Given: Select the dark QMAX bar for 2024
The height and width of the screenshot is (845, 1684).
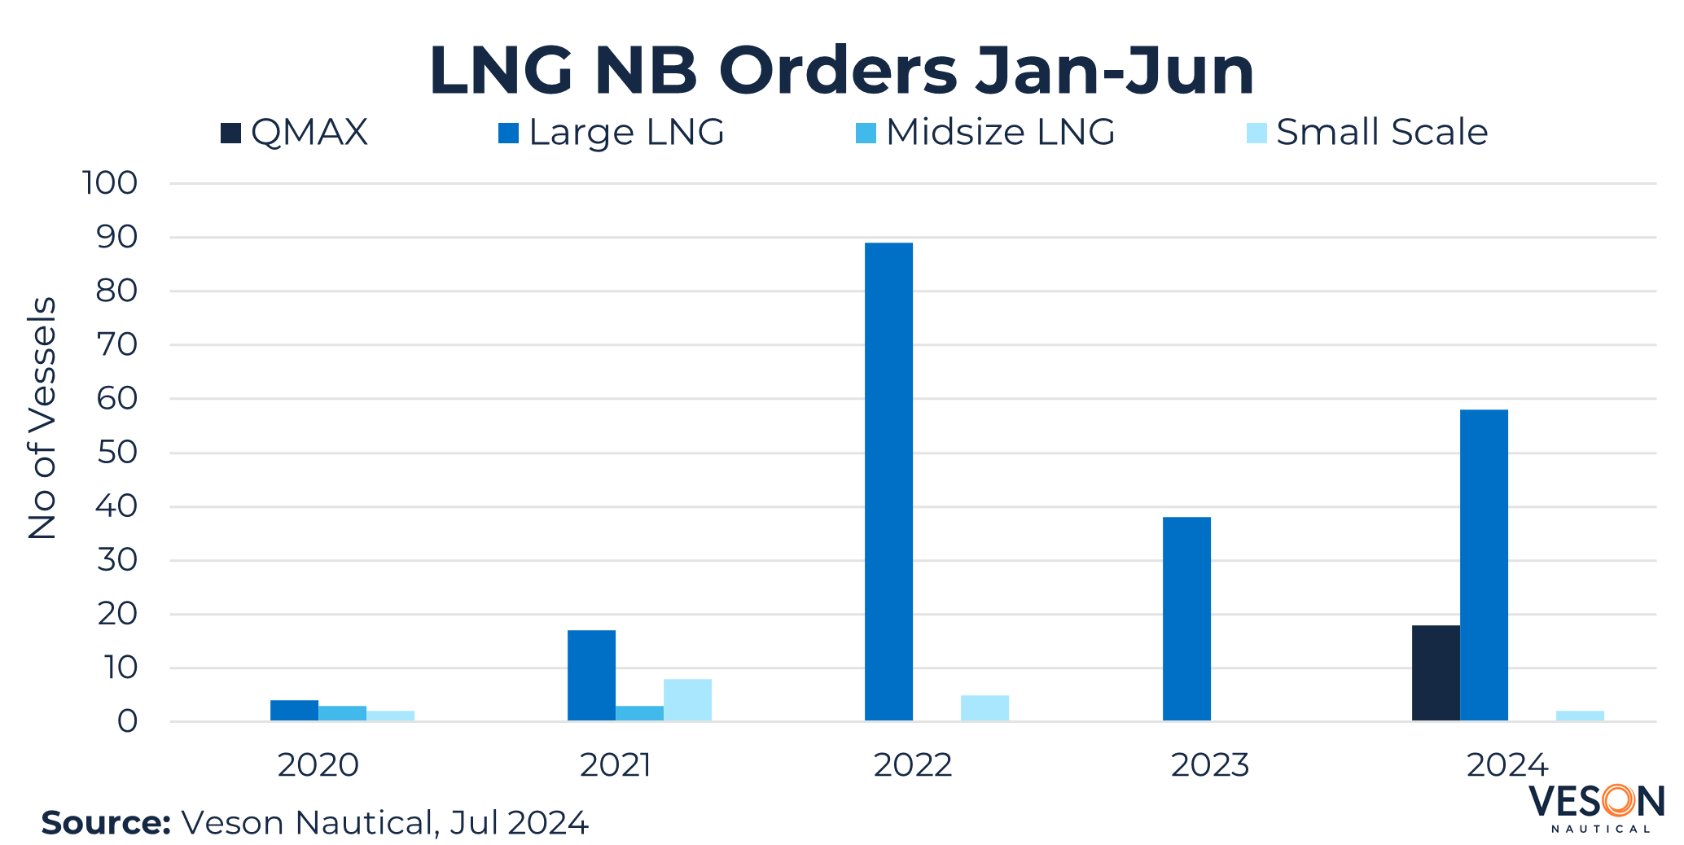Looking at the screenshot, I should (1436, 673).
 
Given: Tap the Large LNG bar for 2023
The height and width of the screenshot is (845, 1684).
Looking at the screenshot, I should (1186, 619).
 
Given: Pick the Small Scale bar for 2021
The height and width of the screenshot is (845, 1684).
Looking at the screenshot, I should (687, 700).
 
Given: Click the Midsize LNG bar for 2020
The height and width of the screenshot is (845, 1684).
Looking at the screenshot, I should (342, 713).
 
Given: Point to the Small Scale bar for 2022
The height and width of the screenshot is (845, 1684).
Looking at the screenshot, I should (985, 708).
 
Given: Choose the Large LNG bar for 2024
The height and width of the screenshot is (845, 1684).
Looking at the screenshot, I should (1484, 565).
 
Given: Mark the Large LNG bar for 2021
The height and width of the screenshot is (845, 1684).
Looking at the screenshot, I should (591, 676).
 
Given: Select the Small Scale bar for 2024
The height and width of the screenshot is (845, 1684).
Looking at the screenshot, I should (1580, 716).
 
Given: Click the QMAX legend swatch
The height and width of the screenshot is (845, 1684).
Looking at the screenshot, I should (230, 133).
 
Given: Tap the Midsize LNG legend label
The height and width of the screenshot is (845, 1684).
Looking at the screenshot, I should (1000, 133).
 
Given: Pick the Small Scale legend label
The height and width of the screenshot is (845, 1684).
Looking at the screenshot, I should (1382, 133).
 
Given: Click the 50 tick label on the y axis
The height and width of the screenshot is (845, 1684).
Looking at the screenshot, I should (117, 453).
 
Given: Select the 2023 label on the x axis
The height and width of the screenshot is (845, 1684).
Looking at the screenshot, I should (1210, 765).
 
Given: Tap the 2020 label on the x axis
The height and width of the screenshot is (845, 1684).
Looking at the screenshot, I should (318, 765).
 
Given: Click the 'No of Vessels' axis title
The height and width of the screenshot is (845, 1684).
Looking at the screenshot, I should (42, 418).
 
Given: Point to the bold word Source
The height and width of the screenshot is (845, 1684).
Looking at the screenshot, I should (105, 823).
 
